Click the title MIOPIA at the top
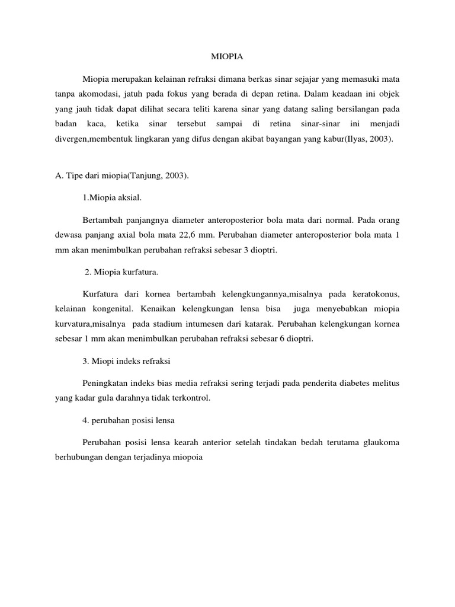(227, 57)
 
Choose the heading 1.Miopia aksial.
(113, 200)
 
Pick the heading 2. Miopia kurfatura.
(121, 271)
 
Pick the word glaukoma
(379, 442)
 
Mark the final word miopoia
(186, 458)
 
